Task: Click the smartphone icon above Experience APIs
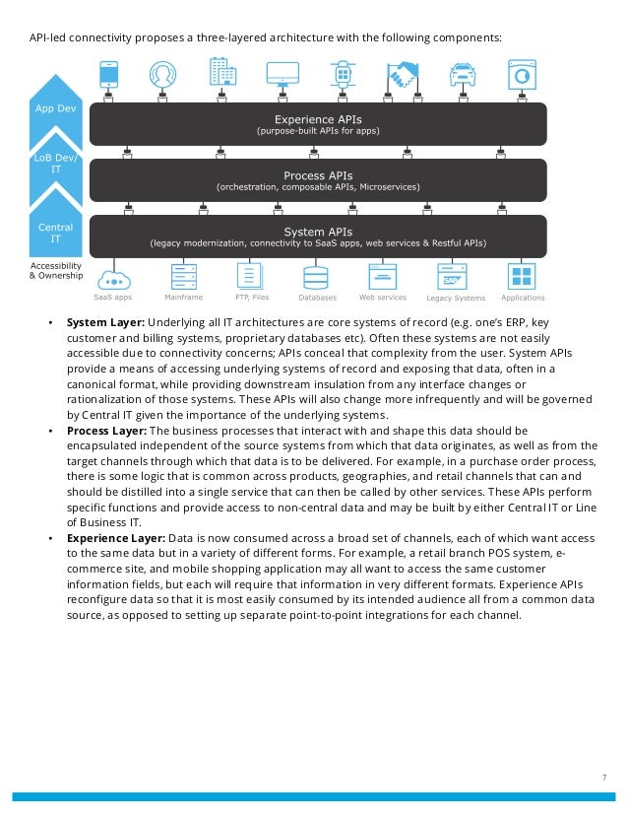point(109,74)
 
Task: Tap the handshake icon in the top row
point(403,74)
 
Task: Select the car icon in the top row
point(462,74)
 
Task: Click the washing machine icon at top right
point(521,74)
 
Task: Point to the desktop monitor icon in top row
point(283,74)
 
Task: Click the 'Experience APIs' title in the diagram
point(317,117)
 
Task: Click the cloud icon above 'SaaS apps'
point(114,275)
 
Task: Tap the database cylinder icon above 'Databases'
point(316,276)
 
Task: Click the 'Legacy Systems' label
point(456,298)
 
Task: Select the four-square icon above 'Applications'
point(521,276)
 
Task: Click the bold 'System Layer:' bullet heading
point(105,323)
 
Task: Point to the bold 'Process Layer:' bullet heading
point(107,432)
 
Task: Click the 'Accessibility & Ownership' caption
point(56,271)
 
